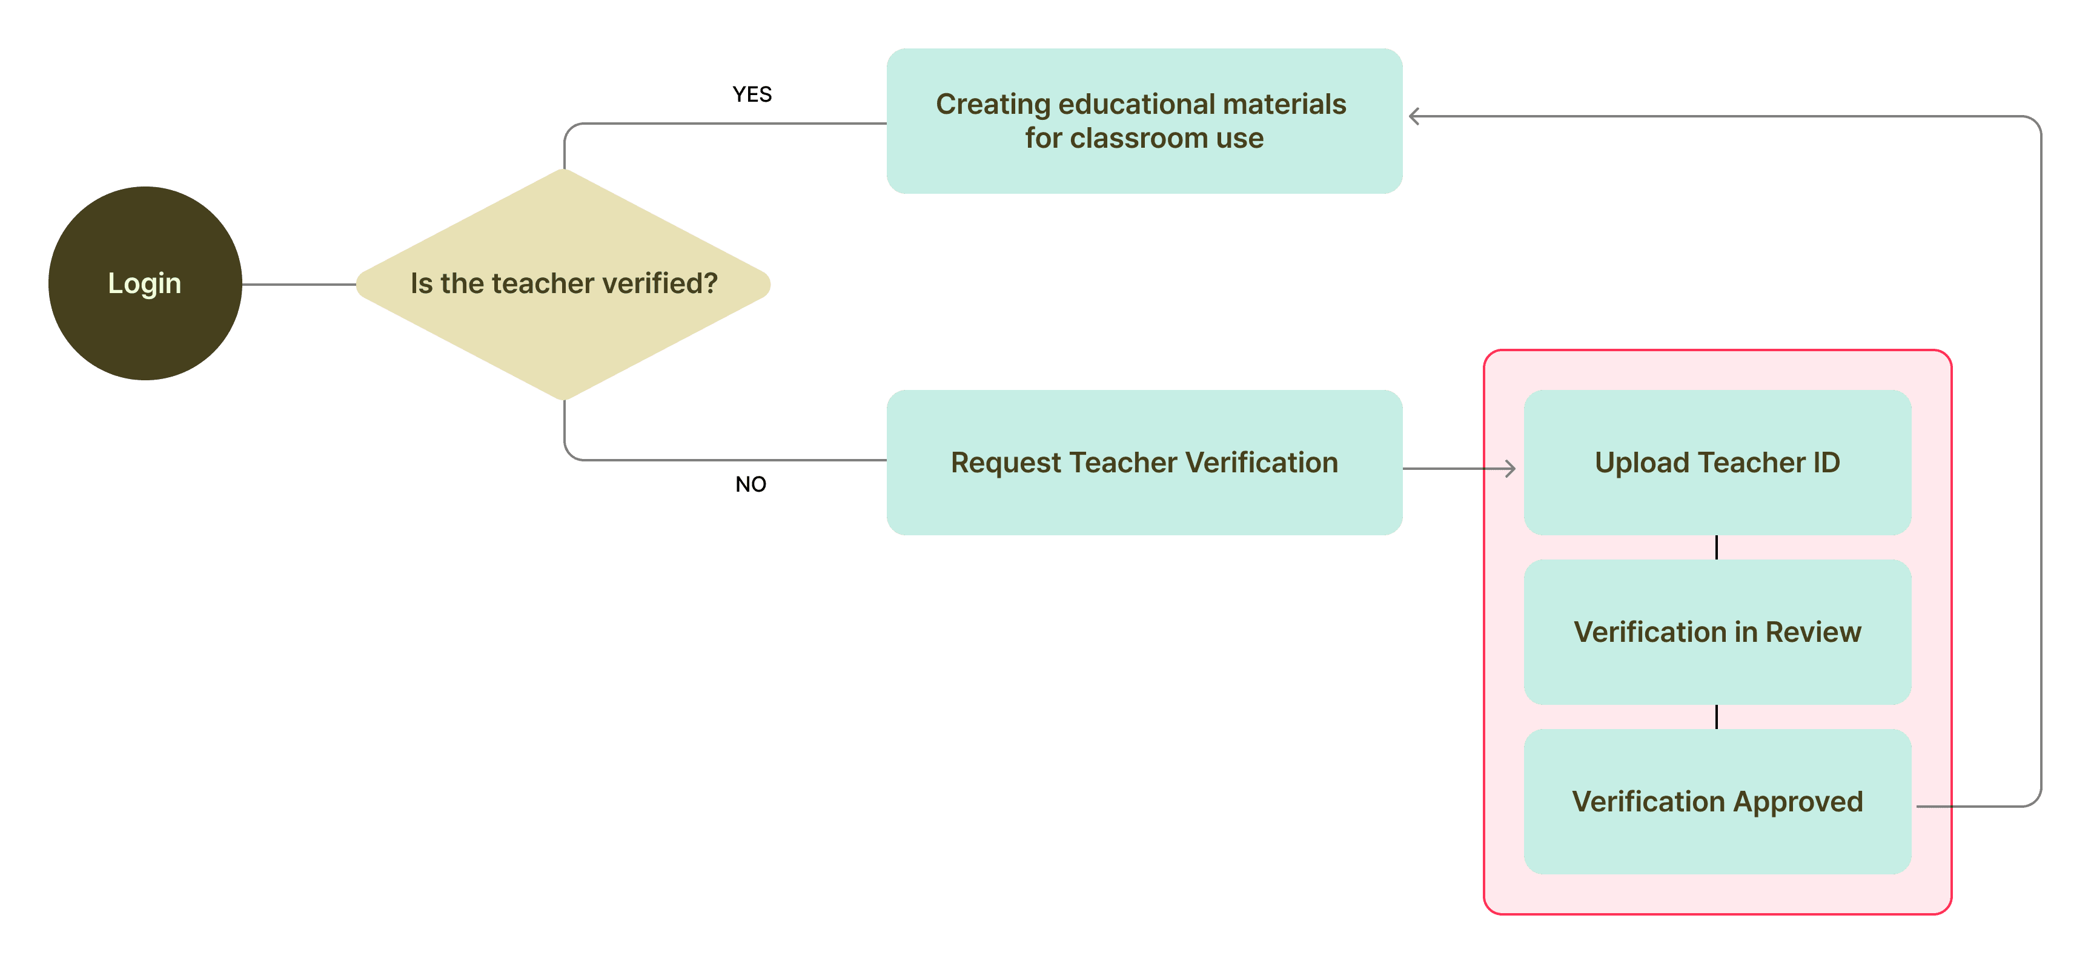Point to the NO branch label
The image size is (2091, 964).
pyautogui.click(x=751, y=484)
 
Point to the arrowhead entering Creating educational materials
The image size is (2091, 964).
pyautogui.click(x=1415, y=117)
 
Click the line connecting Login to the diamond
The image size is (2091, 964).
pyautogui.click(x=299, y=284)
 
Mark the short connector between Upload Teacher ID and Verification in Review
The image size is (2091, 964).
pyautogui.click(x=1716, y=547)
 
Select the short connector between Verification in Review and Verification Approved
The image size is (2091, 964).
pyautogui.click(x=1716, y=716)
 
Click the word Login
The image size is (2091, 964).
pyautogui.click(x=145, y=283)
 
